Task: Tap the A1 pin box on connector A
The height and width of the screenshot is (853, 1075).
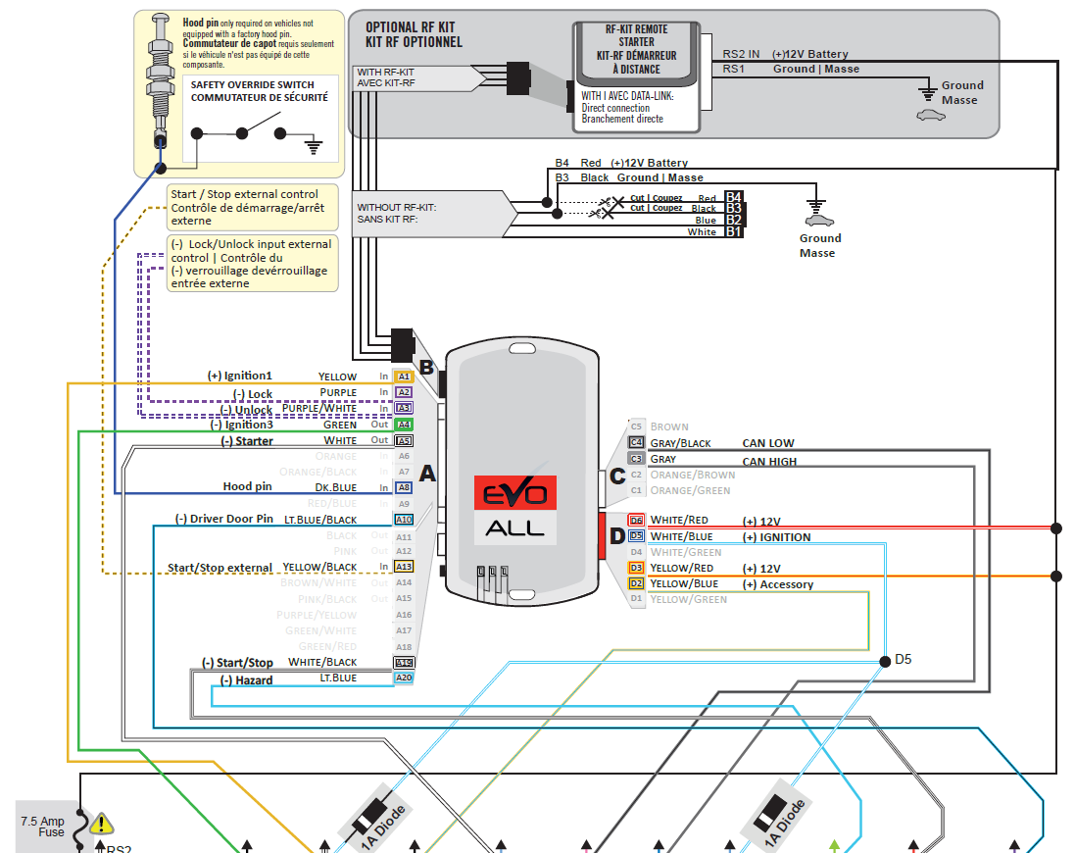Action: point(404,376)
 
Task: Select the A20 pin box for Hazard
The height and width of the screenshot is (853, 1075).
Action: point(404,678)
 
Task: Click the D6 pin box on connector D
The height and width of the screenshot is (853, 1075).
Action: point(636,521)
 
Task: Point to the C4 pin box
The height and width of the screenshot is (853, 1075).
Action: point(636,443)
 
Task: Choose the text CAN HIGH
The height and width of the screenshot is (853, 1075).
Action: point(769,461)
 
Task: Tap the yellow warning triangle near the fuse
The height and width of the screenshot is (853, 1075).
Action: point(101,825)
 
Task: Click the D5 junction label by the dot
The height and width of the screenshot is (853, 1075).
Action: point(904,660)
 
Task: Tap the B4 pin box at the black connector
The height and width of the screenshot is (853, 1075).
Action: point(734,197)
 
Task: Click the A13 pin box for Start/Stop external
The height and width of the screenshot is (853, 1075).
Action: point(404,567)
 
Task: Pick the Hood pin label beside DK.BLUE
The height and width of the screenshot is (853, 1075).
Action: point(248,486)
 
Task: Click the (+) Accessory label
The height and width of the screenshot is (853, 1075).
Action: point(778,584)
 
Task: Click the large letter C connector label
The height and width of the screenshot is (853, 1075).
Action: point(617,477)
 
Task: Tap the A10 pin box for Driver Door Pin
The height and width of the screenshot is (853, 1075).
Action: point(404,520)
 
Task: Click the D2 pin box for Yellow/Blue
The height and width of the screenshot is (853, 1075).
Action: point(636,583)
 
